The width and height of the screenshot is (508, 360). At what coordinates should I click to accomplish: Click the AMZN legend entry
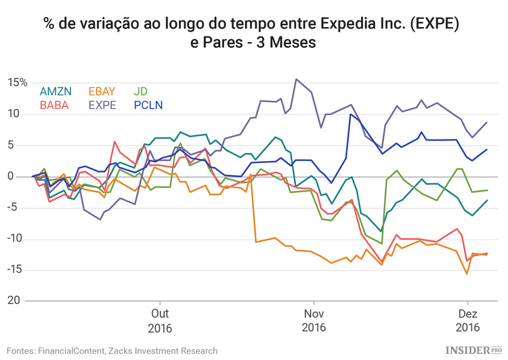(56, 91)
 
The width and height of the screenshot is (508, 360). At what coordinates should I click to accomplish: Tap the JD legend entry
(141, 91)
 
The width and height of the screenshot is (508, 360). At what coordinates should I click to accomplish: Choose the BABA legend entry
(54, 105)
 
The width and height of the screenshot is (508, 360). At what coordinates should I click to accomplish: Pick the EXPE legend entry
(102, 105)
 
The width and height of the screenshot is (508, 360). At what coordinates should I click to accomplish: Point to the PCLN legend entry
(148, 105)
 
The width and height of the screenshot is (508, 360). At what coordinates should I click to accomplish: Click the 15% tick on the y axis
(18, 83)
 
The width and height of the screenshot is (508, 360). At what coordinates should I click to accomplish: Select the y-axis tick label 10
(21, 114)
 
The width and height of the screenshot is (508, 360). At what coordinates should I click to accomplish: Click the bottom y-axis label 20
(21, 300)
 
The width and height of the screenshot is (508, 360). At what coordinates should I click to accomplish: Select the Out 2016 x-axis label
(160, 321)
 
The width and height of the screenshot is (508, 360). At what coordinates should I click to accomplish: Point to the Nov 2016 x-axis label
(314, 321)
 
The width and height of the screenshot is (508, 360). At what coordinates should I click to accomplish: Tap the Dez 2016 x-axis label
(467, 321)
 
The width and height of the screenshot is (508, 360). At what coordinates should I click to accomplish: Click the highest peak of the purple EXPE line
(296, 79)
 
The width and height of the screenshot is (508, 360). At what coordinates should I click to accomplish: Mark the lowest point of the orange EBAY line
(467, 273)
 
